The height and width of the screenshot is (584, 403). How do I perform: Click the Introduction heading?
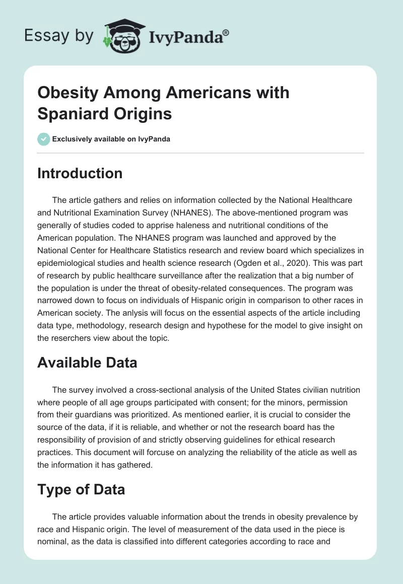pos(80,174)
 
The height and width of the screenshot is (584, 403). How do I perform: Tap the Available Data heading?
pos(87,363)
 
